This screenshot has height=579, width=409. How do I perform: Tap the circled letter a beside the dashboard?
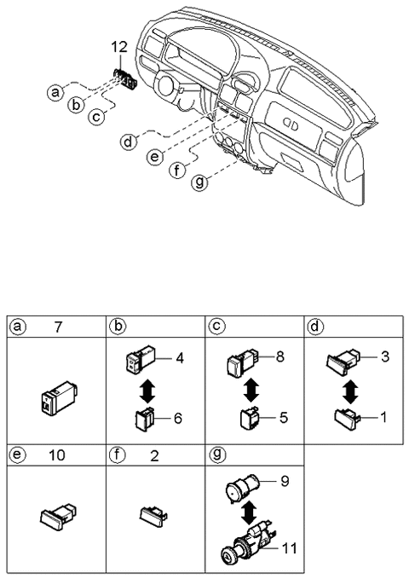pyautogui.click(x=55, y=90)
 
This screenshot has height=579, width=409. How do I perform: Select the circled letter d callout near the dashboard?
pyautogui.click(x=127, y=142)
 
